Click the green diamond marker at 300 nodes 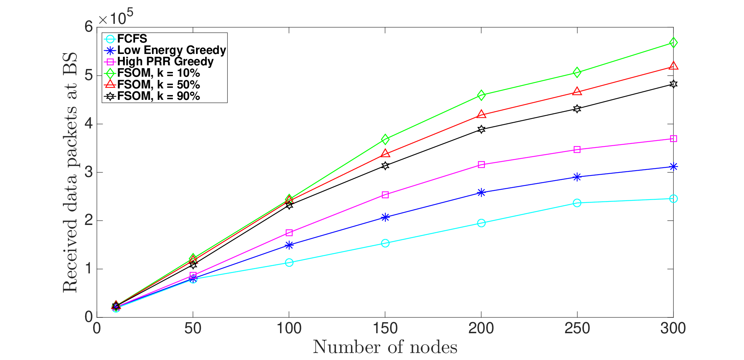[673, 43]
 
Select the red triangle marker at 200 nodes [481, 114]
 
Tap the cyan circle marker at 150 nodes [385, 243]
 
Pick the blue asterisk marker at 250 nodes [577, 177]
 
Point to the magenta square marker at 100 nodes [289, 233]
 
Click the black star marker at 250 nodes [577, 109]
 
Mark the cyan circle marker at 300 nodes [673, 199]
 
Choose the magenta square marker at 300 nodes [673, 139]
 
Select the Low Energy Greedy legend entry [165, 50]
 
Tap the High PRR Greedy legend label [166, 61]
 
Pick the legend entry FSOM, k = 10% [152, 73]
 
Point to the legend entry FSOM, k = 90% [152, 96]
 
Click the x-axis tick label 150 [385, 328]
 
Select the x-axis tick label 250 [577, 328]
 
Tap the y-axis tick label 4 [88, 124]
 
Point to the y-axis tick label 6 [88, 26]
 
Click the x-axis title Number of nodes [385, 347]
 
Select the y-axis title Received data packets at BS [70, 172]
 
